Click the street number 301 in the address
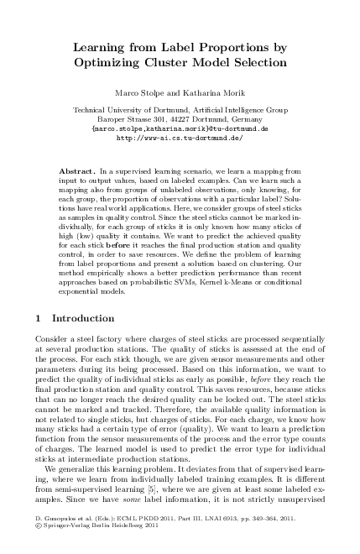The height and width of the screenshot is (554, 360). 155,119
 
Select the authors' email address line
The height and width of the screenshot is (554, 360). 179,129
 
